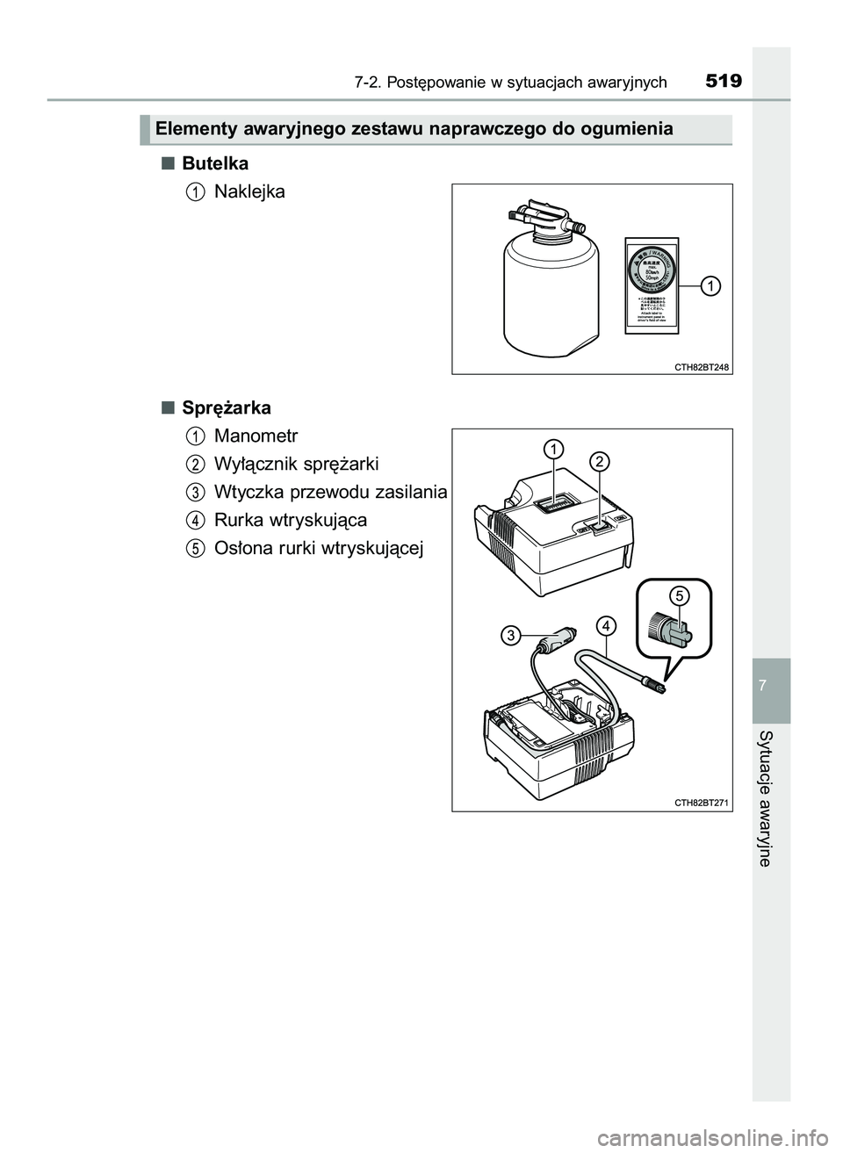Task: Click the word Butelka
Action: click(215, 163)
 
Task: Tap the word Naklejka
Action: click(249, 191)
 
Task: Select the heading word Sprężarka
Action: click(227, 407)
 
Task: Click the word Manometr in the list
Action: click(256, 436)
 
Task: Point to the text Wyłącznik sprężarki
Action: click(296, 463)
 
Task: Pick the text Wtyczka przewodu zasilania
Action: click(330, 491)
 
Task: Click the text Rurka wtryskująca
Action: click(290, 519)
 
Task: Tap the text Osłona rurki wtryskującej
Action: click(319, 548)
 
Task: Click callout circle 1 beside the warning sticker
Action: click(709, 285)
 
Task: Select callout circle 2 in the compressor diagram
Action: click(599, 461)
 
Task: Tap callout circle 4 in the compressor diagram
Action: click(604, 625)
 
